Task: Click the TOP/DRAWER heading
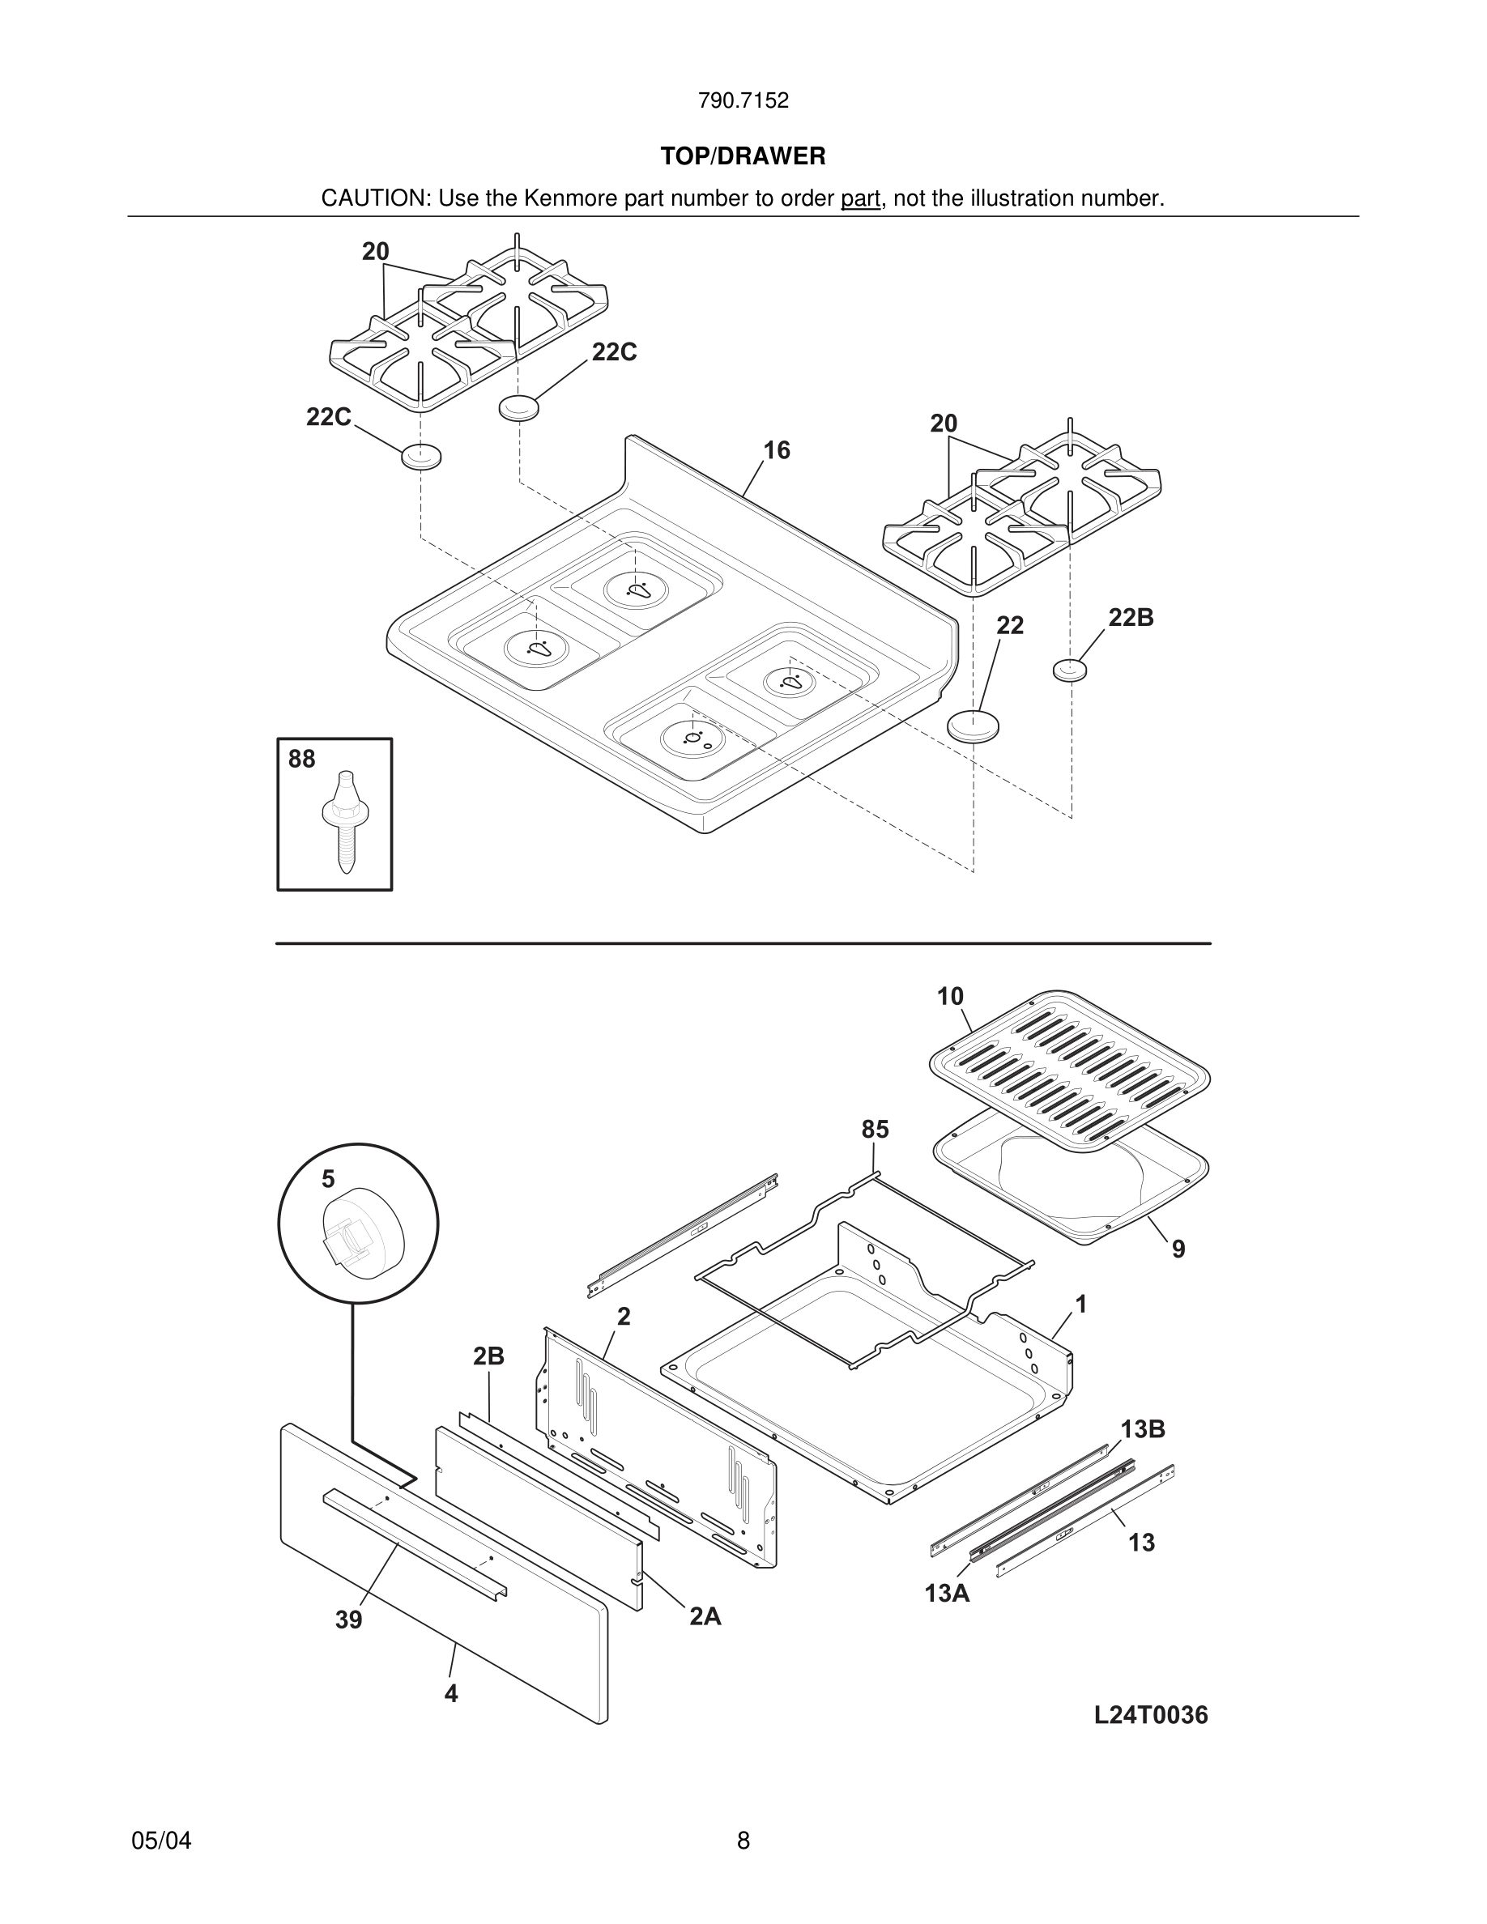743,157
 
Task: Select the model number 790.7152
743,101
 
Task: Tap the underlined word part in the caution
860,199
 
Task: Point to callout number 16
776,451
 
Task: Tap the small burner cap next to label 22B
1069,670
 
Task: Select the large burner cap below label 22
974,727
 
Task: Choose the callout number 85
875,1130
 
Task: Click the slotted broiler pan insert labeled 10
1068,1069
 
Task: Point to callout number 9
1178,1249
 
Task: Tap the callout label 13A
947,1593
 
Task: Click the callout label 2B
488,1356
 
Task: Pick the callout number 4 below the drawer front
451,1693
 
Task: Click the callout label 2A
705,1616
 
